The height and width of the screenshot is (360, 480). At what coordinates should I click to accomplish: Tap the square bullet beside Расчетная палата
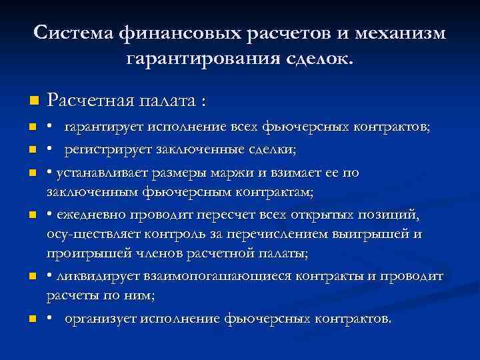click(34, 101)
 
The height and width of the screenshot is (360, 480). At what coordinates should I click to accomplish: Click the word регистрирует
click(109, 150)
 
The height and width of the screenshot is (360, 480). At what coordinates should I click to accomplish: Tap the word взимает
click(291, 173)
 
